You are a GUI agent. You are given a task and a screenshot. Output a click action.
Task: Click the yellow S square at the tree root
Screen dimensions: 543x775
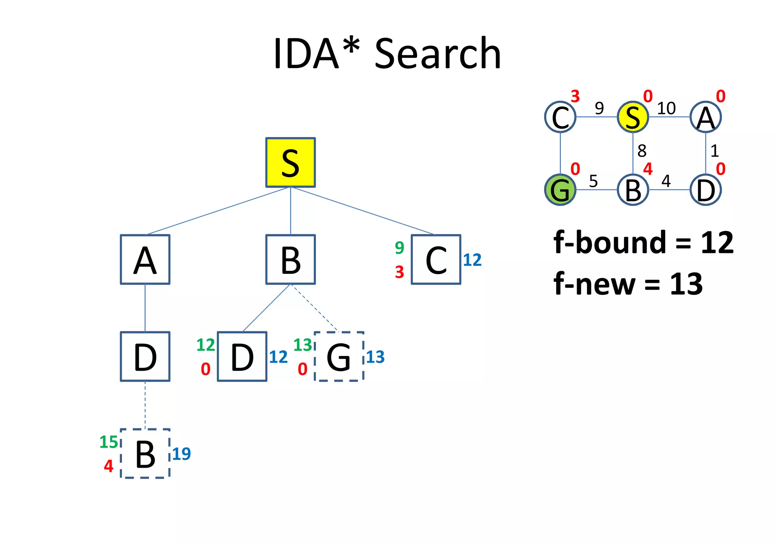pyautogui.click(x=290, y=162)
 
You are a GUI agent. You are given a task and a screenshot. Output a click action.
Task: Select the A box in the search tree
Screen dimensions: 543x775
pyautogui.click(x=145, y=259)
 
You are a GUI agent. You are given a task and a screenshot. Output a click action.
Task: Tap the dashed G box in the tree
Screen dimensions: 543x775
pyautogui.click(x=339, y=357)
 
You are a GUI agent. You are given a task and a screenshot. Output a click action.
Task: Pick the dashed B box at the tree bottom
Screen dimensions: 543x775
pyautogui.click(x=145, y=454)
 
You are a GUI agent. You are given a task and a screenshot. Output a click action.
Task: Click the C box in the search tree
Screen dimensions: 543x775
pyautogui.click(x=436, y=259)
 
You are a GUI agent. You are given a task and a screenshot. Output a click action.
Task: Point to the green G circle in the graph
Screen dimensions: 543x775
pyautogui.click(x=560, y=190)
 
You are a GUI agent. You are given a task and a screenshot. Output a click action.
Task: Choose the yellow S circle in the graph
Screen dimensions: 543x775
pyautogui.click(x=633, y=117)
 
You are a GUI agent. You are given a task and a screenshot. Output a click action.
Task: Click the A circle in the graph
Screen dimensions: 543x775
pyautogui.click(x=705, y=117)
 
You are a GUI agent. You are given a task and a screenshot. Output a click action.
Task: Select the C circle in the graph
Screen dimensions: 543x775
pyautogui.click(x=560, y=117)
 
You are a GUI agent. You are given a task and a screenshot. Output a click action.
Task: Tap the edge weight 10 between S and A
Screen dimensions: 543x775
pyautogui.click(x=666, y=109)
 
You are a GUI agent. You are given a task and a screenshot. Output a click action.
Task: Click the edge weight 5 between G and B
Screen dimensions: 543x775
pyautogui.click(x=593, y=181)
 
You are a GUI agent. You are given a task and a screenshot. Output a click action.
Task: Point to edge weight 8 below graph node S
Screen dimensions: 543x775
pyautogui.click(x=642, y=151)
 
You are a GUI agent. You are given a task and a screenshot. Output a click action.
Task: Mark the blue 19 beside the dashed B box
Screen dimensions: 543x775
pyautogui.click(x=181, y=454)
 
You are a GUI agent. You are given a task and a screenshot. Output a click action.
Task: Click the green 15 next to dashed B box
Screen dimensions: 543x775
pyautogui.click(x=109, y=442)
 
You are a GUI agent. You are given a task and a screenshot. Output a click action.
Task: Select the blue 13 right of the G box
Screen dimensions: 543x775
pyautogui.click(x=375, y=357)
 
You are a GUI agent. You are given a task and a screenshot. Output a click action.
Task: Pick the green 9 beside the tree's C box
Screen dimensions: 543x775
pyautogui.click(x=399, y=248)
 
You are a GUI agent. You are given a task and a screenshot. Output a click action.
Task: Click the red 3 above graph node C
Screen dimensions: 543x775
pyautogui.click(x=575, y=97)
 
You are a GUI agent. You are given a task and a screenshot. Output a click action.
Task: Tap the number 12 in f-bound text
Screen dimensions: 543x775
pyautogui.click(x=717, y=243)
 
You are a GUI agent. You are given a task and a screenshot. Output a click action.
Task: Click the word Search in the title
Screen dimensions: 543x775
pyautogui.click(x=438, y=54)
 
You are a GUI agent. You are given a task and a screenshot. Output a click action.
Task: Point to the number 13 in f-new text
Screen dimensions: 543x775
pyautogui.click(x=686, y=284)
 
